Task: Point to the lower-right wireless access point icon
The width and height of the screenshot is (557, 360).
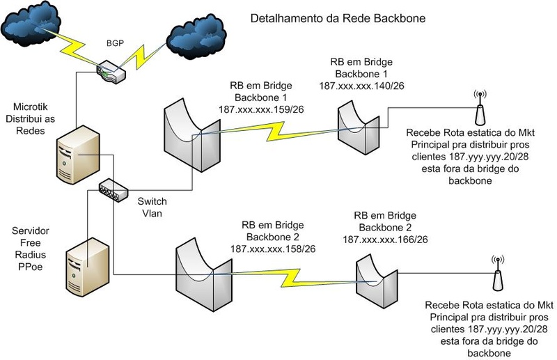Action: pos(498,273)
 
